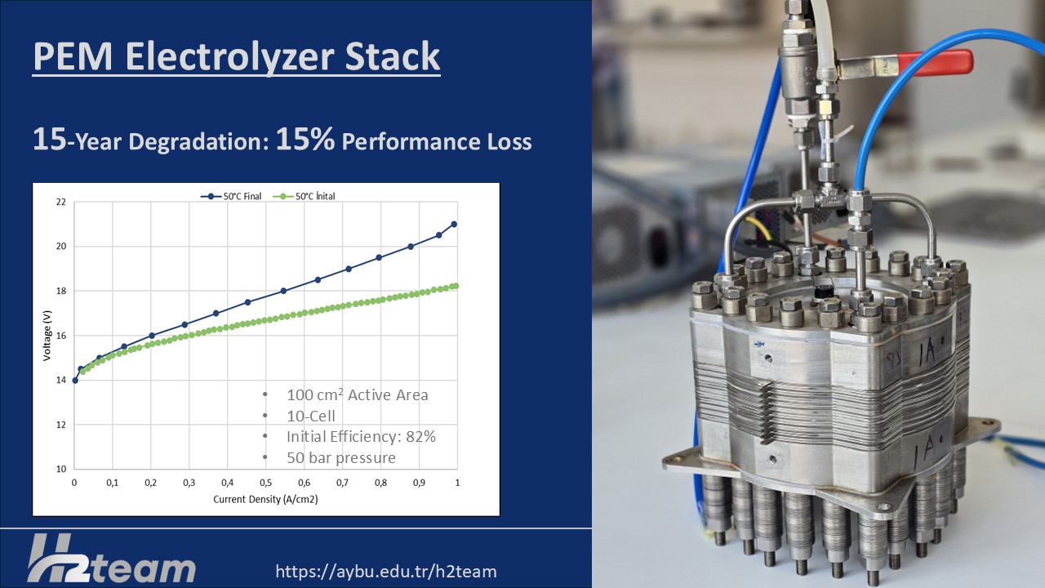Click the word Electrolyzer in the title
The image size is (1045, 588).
point(230,56)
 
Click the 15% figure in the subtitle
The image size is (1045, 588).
point(305,139)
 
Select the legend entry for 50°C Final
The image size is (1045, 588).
point(231,197)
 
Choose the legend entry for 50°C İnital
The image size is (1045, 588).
point(304,197)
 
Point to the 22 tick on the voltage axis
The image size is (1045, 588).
point(61,202)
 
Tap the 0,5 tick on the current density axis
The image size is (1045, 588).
point(265,483)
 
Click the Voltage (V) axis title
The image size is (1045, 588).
point(47,336)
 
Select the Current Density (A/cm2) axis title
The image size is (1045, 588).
point(265,499)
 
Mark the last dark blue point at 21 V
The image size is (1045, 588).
point(454,224)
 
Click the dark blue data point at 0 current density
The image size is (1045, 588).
point(75,381)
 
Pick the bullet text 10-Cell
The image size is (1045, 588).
point(311,416)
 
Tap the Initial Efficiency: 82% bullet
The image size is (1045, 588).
point(361,436)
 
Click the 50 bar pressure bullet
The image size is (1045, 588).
point(341,458)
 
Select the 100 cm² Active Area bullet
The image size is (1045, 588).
point(358,394)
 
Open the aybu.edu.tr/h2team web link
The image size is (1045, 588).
point(386,571)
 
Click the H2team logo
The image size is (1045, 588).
point(112,558)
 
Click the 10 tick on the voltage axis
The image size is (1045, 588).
point(61,469)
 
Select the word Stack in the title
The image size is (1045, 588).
point(393,56)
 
